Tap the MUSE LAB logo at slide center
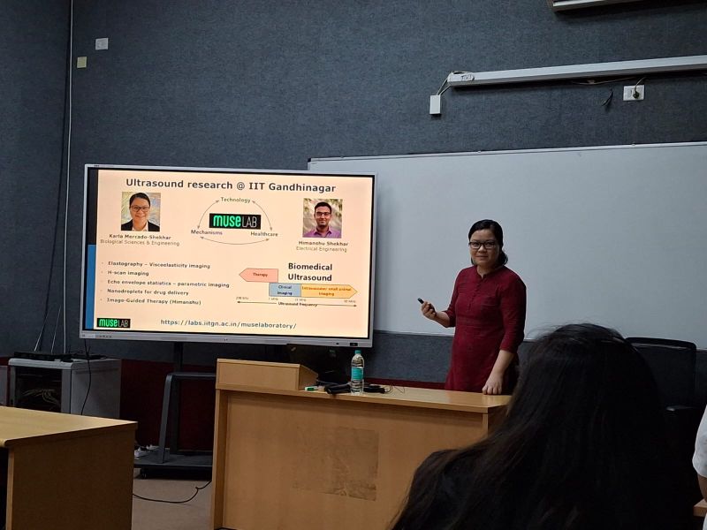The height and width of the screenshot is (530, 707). point(234,221)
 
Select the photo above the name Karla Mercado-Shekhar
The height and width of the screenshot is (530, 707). point(141,212)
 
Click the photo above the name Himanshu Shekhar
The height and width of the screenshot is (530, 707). point(322,217)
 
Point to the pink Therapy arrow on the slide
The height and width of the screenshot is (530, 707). point(259,275)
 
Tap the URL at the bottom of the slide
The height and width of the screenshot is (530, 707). point(228,324)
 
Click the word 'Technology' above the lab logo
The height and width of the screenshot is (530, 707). point(235,200)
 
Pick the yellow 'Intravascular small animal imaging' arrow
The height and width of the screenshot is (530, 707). point(328,290)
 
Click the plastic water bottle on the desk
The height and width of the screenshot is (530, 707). point(357,371)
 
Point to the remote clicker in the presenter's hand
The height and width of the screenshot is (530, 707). point(422,303)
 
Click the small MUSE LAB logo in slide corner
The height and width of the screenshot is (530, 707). point(113,322)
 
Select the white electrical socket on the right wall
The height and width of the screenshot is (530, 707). point(634,92)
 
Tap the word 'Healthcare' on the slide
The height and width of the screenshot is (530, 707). point(263,234)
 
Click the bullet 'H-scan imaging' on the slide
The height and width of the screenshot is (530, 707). point(127,273)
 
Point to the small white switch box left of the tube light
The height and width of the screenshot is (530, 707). point(435,104)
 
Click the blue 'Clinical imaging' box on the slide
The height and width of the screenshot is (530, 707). point(285,289)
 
